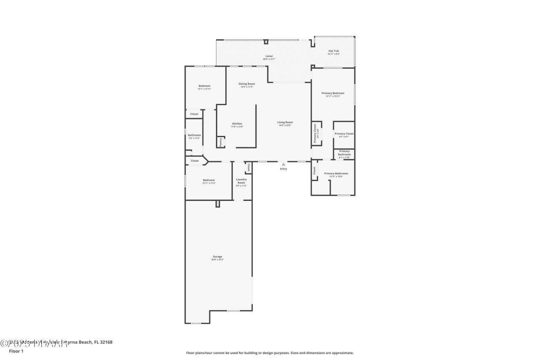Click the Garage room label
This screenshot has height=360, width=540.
coord(217,257)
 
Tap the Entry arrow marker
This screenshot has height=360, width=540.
coord(283,164)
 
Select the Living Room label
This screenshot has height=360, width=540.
coord(285,122)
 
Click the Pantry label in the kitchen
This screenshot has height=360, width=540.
coord(220,142)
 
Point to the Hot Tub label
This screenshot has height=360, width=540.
coord(333,51)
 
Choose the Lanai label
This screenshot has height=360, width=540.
coord(269,56)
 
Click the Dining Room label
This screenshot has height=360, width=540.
coord(247,84)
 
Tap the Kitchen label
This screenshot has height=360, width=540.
coord(237,124)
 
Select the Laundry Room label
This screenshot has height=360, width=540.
coord(241,181)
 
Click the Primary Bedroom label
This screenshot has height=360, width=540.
coord(333,93)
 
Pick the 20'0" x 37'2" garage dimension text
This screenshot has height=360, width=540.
coord(217,260)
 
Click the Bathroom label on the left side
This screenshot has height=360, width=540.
coord(194,135)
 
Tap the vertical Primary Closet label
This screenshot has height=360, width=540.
coord(316,133)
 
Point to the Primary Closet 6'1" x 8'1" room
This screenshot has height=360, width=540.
coord(344,134)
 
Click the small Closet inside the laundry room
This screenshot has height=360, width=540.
coord(248,168)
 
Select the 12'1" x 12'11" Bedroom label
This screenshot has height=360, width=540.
coord(204,86)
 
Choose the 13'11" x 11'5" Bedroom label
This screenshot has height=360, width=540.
coord(209,180)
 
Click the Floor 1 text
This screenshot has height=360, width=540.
coord(16,351)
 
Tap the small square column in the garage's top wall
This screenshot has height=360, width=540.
coord(218,204)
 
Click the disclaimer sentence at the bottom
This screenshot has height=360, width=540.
coord(270,353)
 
